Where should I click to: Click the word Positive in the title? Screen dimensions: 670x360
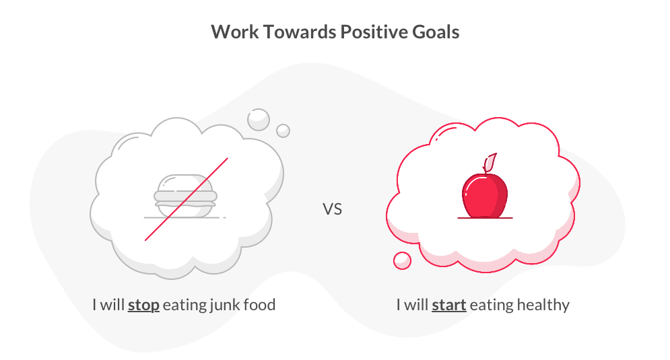(374, 32)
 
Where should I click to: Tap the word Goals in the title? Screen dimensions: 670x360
(436, 32)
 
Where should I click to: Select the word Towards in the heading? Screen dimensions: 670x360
(299, 32)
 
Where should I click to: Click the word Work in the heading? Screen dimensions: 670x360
(234, 32)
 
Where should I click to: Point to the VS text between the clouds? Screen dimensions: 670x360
(332, 209)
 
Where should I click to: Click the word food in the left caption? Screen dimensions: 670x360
(259, 305)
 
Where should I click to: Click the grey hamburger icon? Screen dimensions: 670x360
(185, 196)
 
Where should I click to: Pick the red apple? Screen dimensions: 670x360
(485, 195)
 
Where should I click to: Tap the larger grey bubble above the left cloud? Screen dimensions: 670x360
(259, 120)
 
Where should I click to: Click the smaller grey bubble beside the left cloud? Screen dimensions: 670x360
(283, 131)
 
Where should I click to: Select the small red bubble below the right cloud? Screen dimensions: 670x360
(402, 260)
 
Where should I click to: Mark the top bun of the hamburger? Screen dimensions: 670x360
(185, 183)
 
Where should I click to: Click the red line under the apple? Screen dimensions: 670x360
(485, 218)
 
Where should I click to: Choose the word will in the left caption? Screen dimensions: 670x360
(112, 305)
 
